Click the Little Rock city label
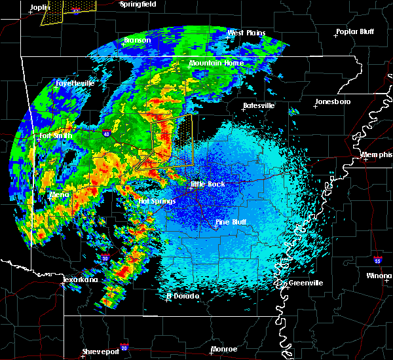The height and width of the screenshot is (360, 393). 208,185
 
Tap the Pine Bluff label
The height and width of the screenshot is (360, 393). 231,223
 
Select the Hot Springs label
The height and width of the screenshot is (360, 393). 155,202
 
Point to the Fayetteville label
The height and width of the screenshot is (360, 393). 75,84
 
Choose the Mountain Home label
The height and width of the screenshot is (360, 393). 216,63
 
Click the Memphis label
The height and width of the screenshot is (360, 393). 377,155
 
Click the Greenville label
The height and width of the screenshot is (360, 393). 305,283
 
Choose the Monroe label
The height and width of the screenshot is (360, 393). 224,350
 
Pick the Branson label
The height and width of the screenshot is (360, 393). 138,41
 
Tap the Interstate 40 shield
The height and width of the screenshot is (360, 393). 106,134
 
